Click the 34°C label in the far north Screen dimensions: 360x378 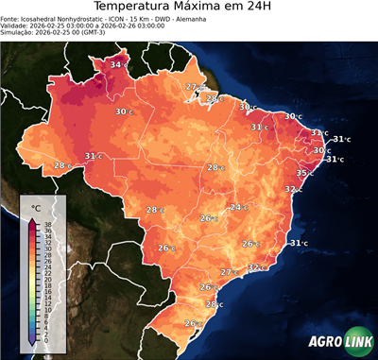117,64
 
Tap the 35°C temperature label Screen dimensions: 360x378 305,173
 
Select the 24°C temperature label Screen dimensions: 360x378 238,207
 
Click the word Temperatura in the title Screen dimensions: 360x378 131,9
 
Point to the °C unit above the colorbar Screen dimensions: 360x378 35,207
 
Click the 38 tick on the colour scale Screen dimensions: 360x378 47,222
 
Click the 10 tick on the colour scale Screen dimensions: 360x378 47,305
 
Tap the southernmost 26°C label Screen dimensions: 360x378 192,323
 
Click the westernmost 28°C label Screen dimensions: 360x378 61,165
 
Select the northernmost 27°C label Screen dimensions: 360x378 193,87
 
